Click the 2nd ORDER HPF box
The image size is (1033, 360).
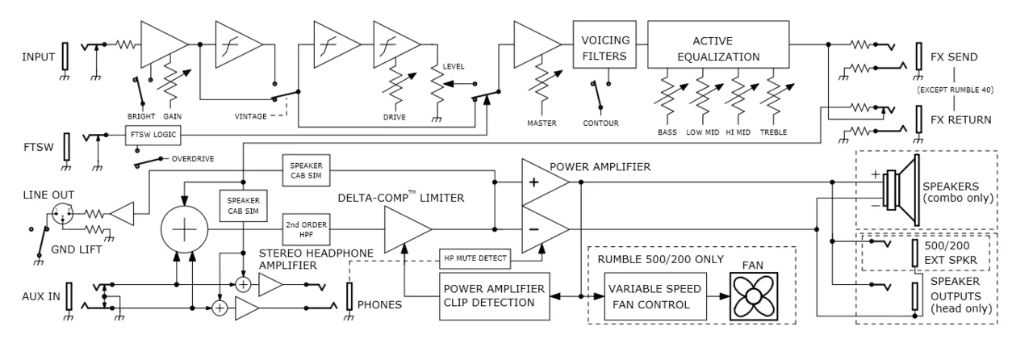(303, 230)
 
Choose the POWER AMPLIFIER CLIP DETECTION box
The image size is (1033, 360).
(493, 293)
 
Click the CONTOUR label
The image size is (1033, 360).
(602, 123)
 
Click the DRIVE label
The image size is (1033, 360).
(395, 115)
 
